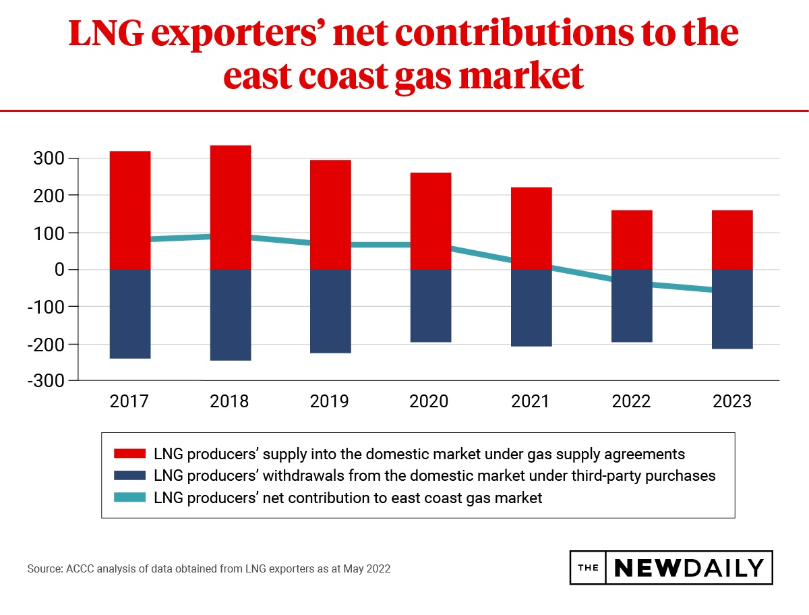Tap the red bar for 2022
point(632,239)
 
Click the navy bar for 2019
point(330,311)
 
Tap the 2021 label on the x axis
point(530,402)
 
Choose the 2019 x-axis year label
point(330,402)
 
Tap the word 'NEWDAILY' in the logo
point(689,568)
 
